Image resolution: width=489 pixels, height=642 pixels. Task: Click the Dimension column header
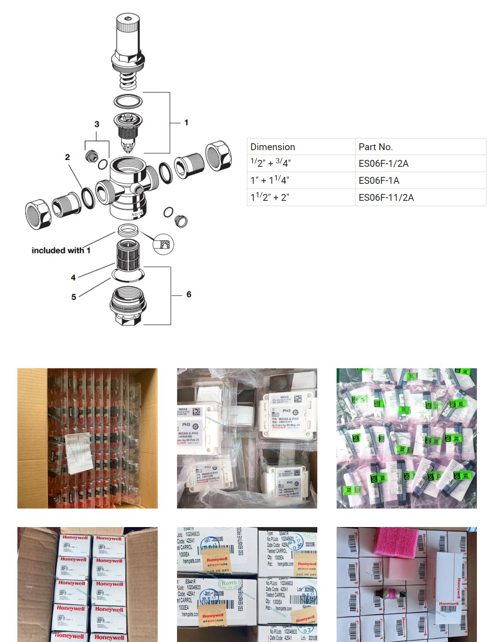pyautogui.click(x=272, y=147)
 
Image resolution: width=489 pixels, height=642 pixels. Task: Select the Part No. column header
pyautogui.click(x=376, y=147)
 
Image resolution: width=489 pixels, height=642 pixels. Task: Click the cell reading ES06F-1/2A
pyautogui.click(x=383, y=163)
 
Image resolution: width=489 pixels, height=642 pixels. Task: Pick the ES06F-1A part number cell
pyautogui.click(x=379, y=180)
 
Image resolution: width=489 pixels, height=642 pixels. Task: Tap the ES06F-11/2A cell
pyautogui.click(x=386, y=197)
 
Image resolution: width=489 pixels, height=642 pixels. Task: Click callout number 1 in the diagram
pyautogui.click(x=186, y=123)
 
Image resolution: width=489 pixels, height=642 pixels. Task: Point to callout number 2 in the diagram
pyautogui.click(x=67, y=157)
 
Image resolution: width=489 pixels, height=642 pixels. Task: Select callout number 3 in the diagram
pyautogui.click(x=97, y=124)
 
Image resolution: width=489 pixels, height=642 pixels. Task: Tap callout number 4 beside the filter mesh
pyautogui.click(x=73, y=278)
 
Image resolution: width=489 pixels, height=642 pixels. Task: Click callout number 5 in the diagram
pyautogui.click(x=74, y=297)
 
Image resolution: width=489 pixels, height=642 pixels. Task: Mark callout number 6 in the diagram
pyautogui.click(x=189, y=294)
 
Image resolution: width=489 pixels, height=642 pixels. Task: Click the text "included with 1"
pyautogui.click(x=61, y=250)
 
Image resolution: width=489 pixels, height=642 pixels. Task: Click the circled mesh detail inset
pyautogui.click(x=163, y=243)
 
